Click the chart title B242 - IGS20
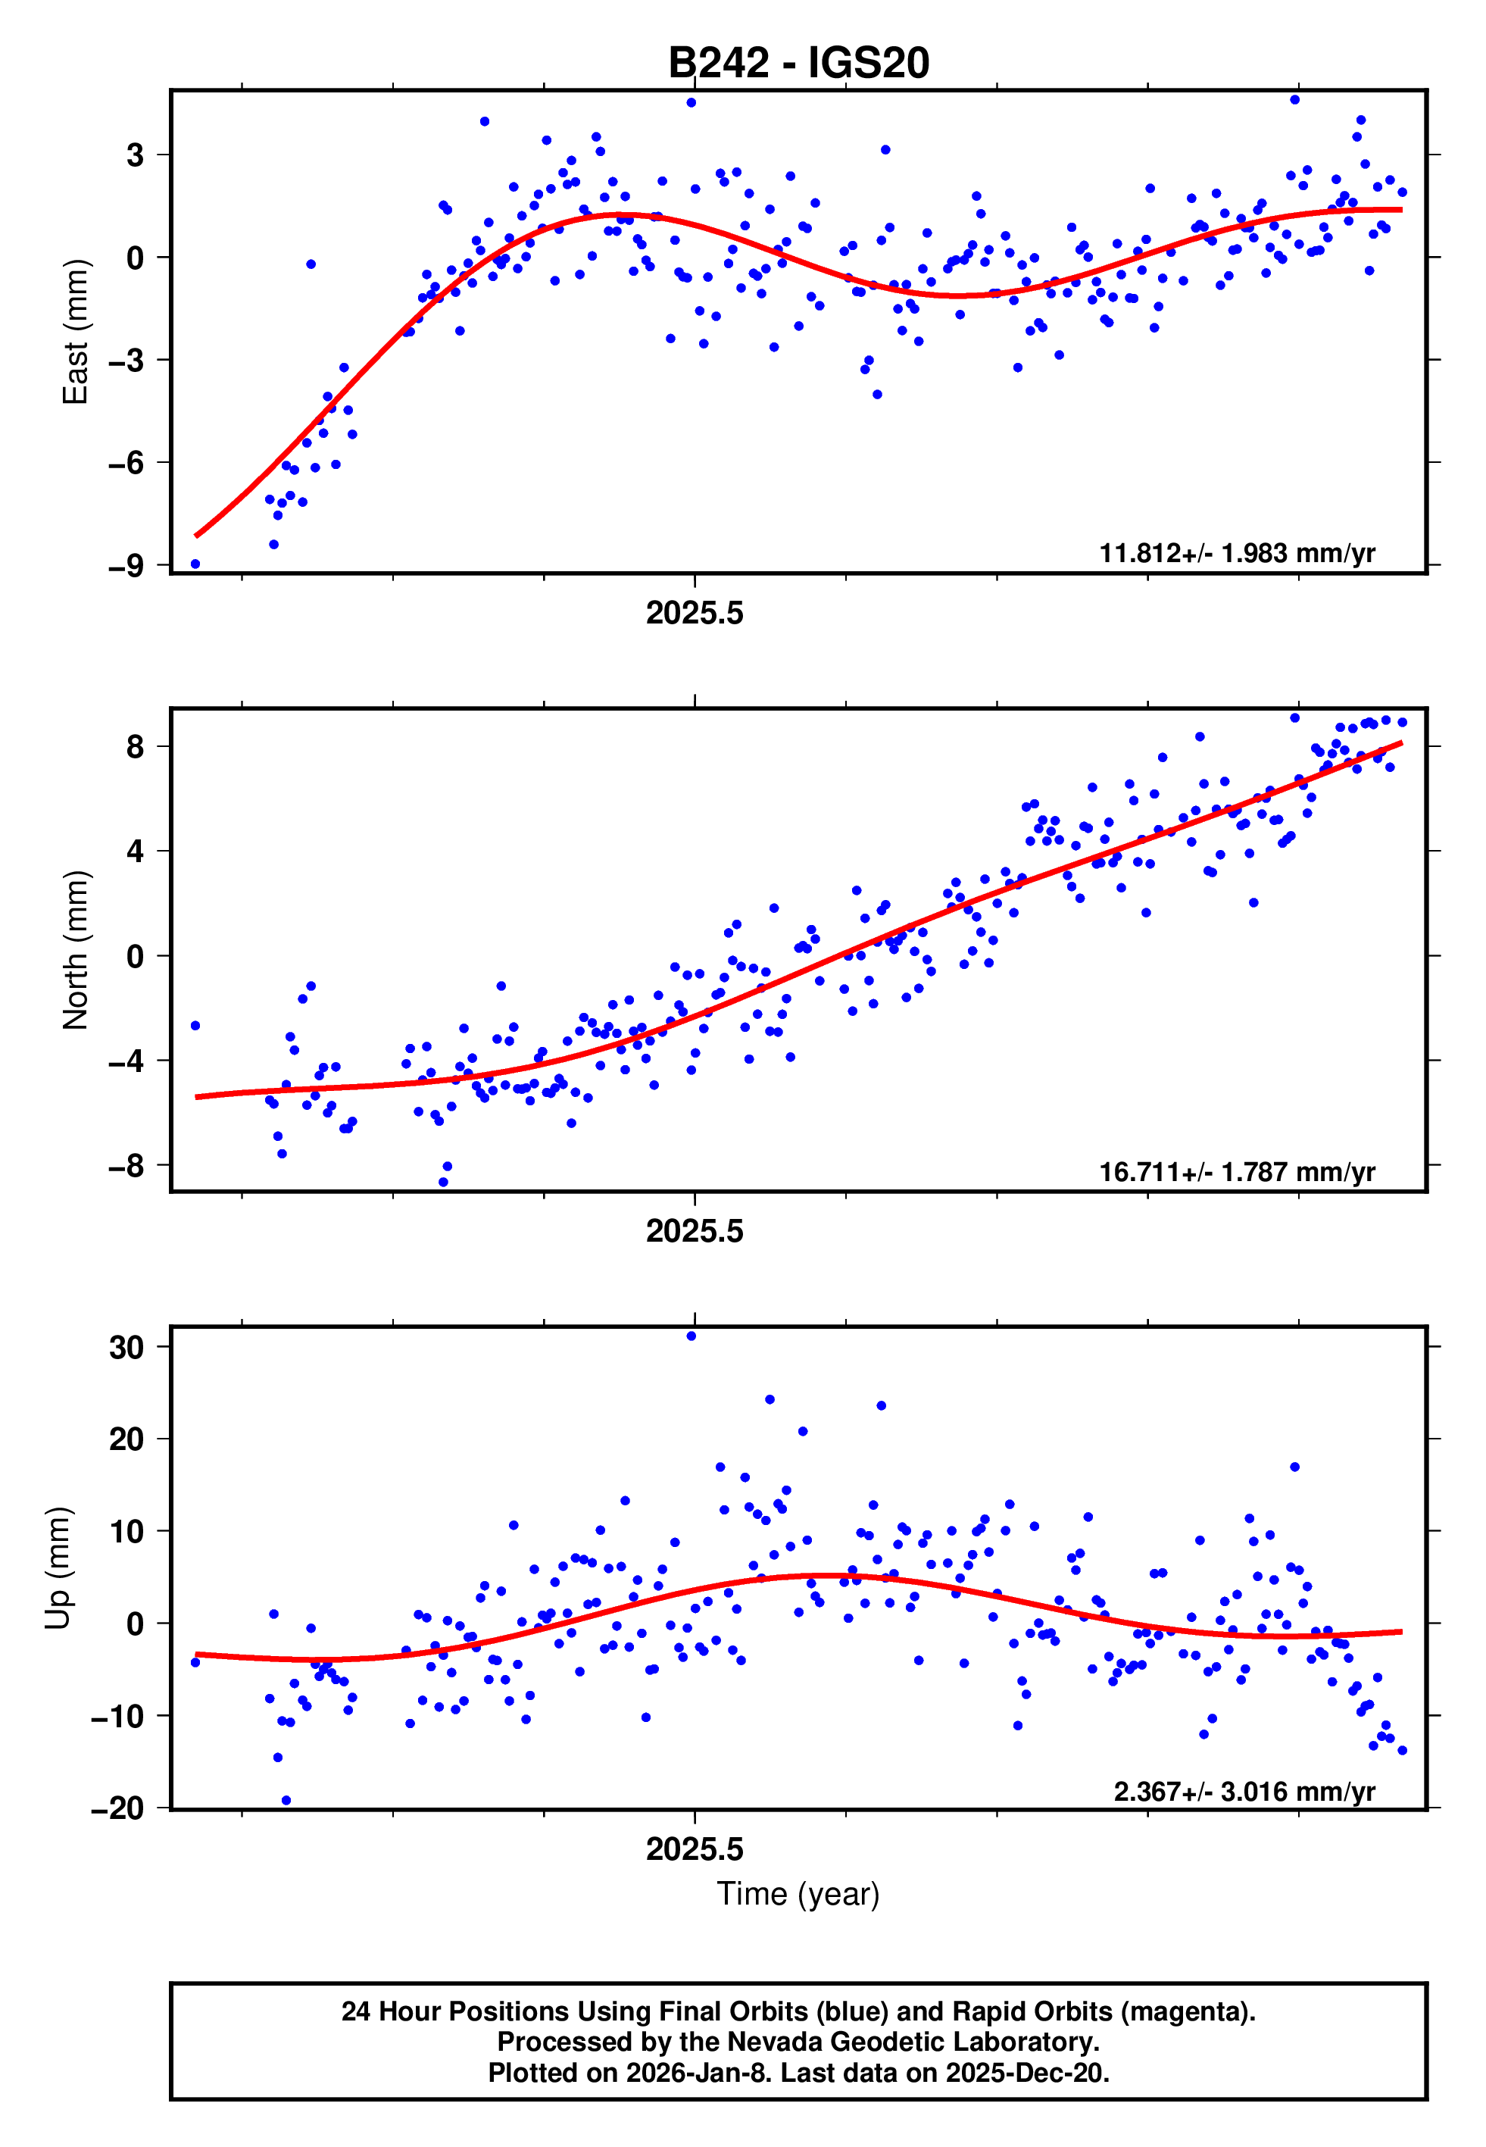click(798, 64)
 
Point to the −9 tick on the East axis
click(126, 565)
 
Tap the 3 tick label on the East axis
click(136, 155)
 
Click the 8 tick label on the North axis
click(136, 747)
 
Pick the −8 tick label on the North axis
click(126, 1164)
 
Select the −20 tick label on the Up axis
click(117, 1808)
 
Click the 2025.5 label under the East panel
click(695, 613)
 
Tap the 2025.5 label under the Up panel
click(695, 1849)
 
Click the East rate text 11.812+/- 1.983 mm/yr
click(1237, 553)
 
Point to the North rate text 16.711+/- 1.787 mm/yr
click(1237, 1171)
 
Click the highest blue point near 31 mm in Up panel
click(691, 1336)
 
